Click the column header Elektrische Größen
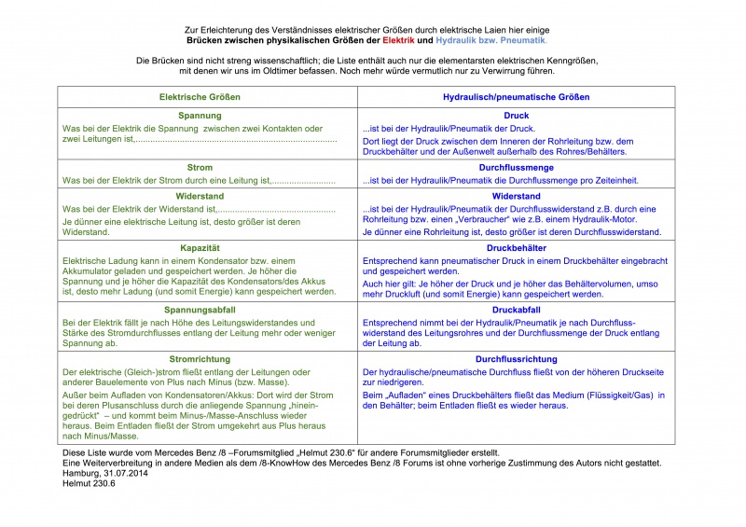(200, 97)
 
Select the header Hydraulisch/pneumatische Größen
(516, 97)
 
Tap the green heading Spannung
(200, 115)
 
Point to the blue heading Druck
(516, 115)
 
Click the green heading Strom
(200, 167)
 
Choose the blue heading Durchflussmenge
(516, 167)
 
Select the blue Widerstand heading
(516, 196)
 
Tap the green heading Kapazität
(200, 247)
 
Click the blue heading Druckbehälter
(516, 247)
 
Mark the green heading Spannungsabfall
(200, 309)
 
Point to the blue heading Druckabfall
(516, 309)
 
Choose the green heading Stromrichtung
(200, 358)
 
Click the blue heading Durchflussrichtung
(516, 358)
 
